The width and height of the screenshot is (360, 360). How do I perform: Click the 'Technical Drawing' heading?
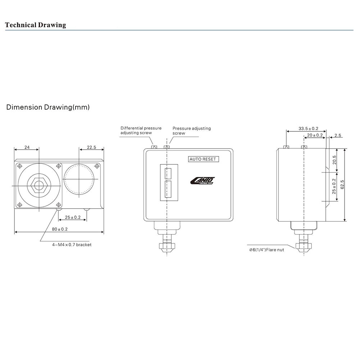pyautogui.click(x=36, y=25)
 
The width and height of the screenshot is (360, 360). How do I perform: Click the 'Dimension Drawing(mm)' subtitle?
pyautogui.click(x=48, y=107)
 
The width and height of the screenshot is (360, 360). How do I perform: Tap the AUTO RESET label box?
pyautogui.click(x=203, y=159)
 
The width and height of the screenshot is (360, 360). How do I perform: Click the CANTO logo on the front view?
pyautogui.click(x=202, y=181)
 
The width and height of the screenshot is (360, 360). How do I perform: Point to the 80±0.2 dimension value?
pyautogui.click(x=60, y=229)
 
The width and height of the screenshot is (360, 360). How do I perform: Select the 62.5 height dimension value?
pyautogui.click(x=342, y=184)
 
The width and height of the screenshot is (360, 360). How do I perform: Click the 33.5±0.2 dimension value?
pyautogui.click(x=308, y=129)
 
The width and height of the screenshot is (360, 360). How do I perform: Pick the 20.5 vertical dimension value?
pyautogui.click(x=334, y=160)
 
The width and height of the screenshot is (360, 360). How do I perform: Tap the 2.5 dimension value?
pyautogui.click(x=338, y=135)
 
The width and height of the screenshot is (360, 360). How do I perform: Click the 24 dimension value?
pyautogui.click(x=27, y=147)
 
